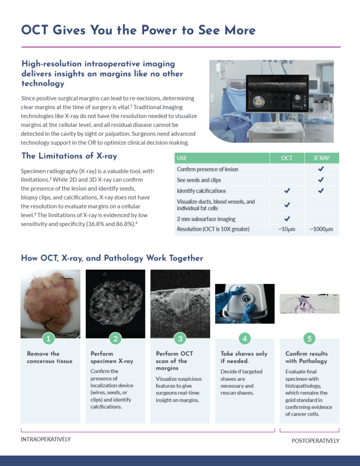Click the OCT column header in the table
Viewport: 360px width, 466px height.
coord(287,158)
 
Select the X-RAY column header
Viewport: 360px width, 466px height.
coord(322,158)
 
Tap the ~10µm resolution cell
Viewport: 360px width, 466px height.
coord(287,229)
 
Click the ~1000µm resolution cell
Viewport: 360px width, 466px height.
coord(322,229)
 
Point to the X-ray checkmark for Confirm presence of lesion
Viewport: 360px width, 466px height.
coord(321,169)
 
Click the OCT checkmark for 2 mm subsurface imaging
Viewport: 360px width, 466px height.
coord(287,219)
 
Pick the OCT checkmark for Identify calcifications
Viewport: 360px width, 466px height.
coord(287,191)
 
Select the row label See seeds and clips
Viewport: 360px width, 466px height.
coord(199,180)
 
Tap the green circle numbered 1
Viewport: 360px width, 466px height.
coord(48,338)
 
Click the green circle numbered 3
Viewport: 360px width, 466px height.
coord(180,338)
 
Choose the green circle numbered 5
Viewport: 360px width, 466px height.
coord(309,338)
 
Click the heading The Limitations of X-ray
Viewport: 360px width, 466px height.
coord(69,156)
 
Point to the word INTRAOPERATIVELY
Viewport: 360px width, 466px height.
coord(46,439)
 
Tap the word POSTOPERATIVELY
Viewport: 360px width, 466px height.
coord(315,441)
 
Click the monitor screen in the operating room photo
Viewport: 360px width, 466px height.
coord(277,94)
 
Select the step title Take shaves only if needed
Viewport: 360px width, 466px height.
coord(244,357)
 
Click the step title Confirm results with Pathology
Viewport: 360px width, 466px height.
coord(307,357)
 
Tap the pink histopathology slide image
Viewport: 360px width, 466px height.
coord(309,304)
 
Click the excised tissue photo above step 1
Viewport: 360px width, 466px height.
coord(50,304)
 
